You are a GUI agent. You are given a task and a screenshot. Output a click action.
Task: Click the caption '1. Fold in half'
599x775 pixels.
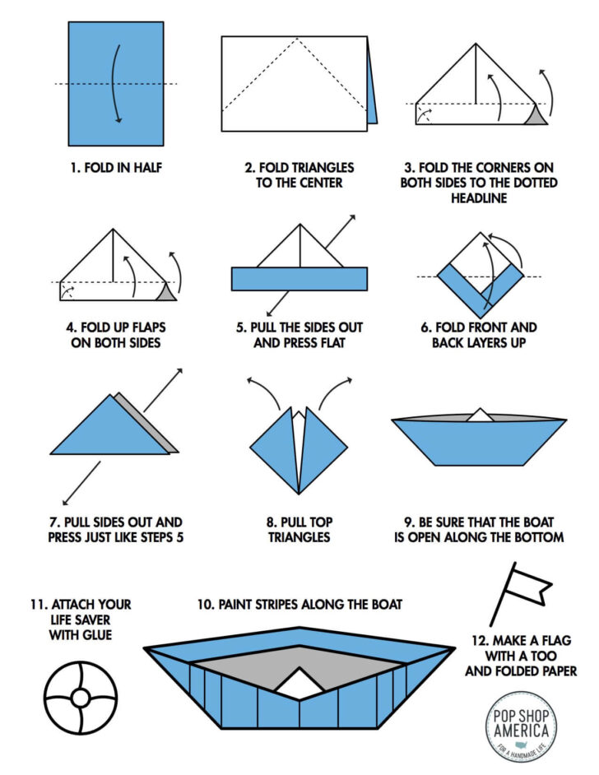[x=116, y=168]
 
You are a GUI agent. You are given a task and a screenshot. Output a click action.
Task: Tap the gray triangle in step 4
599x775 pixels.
[x=166, y=292]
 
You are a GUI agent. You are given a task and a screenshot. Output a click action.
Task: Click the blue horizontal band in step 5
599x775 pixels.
[x=299, y=279]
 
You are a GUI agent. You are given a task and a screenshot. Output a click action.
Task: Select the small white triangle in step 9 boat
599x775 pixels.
[x=480, y=415]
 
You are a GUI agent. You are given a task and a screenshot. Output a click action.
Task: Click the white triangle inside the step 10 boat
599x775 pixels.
[x=299, y=681]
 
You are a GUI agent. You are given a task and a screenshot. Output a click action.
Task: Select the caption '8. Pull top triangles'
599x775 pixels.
[x=299, y=529]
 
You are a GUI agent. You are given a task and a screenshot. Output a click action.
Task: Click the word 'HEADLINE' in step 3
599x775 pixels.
[x=479, y=198]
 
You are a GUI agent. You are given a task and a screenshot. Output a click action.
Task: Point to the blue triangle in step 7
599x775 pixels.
[x=106, y=429]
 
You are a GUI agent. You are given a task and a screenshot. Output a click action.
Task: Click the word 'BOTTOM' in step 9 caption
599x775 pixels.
[x=538, y=537]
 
